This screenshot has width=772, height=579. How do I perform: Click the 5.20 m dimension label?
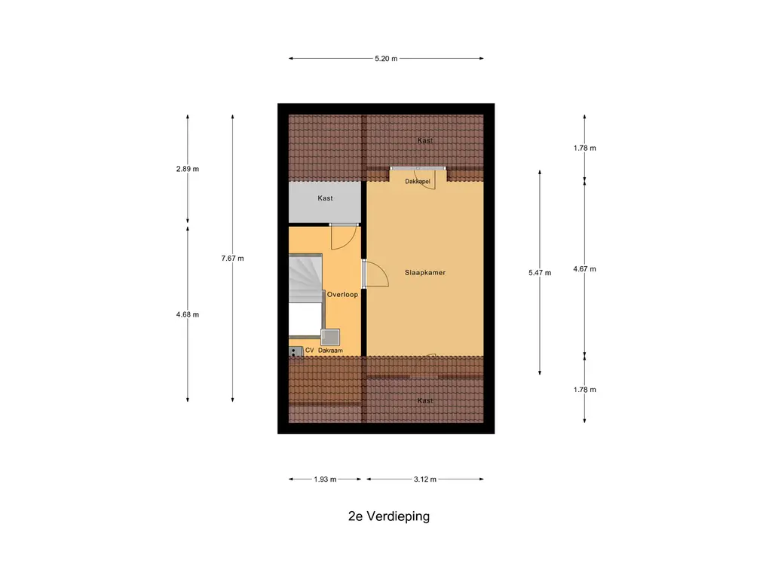[386, 58]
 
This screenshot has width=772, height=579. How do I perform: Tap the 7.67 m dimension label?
[232, 258]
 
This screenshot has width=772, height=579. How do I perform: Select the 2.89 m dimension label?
[188, 169]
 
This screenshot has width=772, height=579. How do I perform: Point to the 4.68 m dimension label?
[188, 314]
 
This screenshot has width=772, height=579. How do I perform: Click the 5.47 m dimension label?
[540, 273]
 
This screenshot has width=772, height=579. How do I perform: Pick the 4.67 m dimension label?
[584, 268]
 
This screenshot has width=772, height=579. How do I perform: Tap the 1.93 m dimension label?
[324, 479]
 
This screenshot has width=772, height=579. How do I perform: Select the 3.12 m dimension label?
[425, 479]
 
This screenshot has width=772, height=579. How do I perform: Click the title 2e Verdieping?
[388, 516]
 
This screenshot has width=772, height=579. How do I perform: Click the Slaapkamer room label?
[425, 273]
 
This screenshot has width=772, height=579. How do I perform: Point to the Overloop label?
[342, 295]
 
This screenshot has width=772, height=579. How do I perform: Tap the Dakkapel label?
[418, 182]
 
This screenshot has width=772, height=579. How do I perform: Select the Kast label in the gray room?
[325, 198]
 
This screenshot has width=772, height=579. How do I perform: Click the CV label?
[309, 351]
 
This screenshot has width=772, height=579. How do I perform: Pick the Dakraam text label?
[329, 351]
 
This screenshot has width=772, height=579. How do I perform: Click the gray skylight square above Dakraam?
[330, 337]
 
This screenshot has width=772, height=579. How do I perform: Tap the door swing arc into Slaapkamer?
[377, 274]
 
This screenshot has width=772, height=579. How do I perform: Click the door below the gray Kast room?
[343, 237]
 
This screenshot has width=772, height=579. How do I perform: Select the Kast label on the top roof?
[425, 141]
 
